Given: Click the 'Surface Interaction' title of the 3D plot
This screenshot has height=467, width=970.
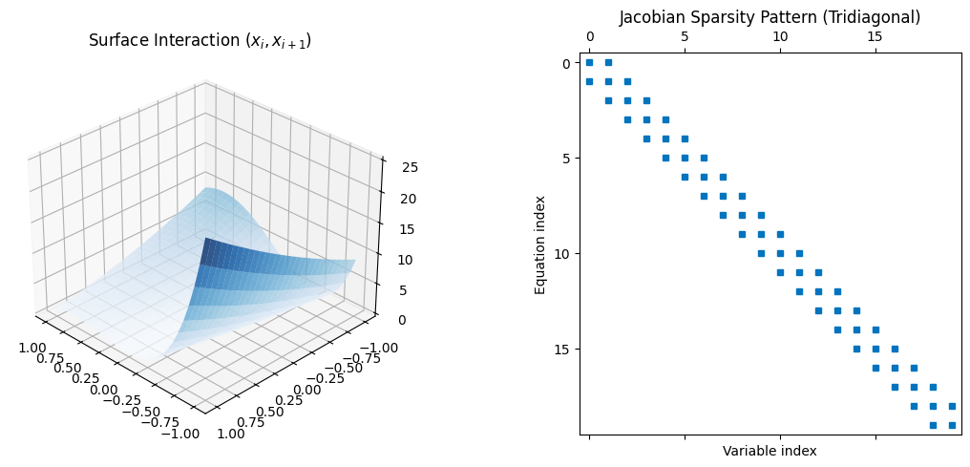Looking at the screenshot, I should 200,41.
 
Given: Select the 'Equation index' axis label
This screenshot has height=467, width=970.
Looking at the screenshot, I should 540,244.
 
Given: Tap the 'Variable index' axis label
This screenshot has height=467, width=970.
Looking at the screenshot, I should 770,451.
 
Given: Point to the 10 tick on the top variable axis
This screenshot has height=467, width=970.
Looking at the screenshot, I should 780,36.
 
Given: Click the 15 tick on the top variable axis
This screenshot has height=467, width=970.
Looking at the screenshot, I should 875,36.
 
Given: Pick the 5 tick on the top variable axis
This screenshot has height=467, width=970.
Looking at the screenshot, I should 685,36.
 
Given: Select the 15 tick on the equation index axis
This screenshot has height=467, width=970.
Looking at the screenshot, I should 563,349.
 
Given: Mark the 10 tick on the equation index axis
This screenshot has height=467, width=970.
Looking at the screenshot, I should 563,253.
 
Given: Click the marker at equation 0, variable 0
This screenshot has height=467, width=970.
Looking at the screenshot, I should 589,62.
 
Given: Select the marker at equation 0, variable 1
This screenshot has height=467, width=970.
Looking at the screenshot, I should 608,62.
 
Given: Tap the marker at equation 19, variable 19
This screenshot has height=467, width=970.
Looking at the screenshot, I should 952,425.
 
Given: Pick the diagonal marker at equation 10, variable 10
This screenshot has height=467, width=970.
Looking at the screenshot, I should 780,253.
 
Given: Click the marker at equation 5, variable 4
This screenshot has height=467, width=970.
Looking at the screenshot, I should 665,158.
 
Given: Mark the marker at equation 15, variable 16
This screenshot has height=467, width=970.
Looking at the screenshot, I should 895,349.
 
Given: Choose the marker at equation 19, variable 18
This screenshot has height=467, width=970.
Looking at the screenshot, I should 933,425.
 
